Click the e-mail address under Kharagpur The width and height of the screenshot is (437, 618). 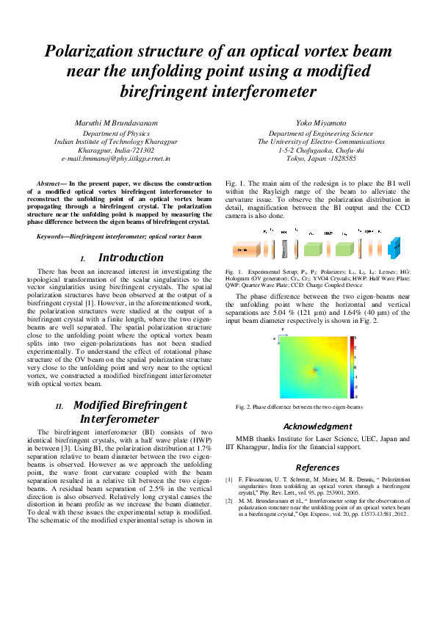[x=115, y=158]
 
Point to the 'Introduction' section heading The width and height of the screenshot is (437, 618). [x=131, y=258]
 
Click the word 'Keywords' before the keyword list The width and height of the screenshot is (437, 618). [x=52, y=237]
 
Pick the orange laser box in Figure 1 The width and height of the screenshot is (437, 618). [x=242, y=250]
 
